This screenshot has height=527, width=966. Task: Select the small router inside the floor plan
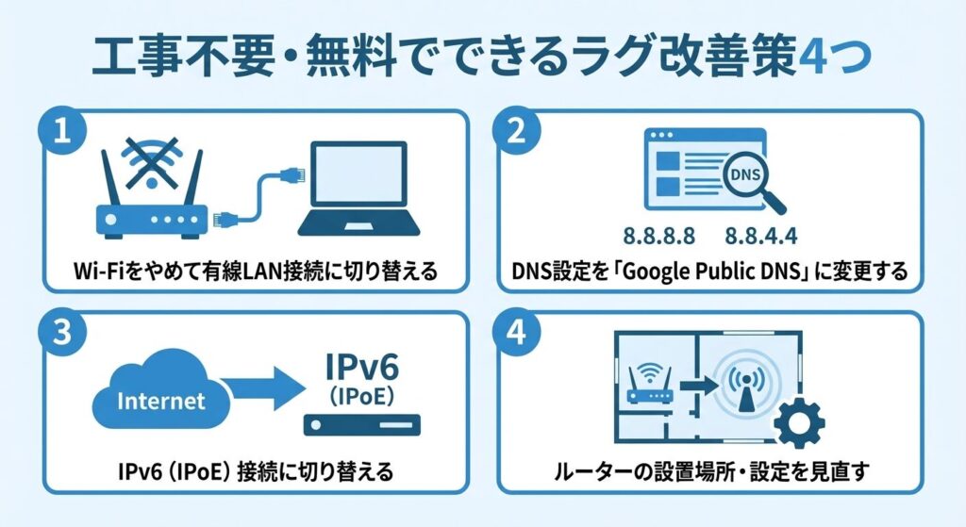click(x=651, y=384)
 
